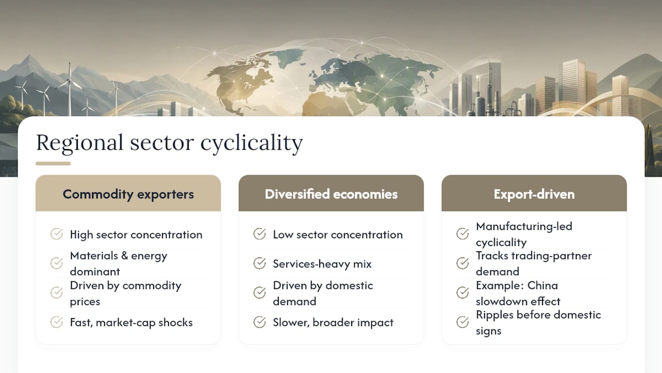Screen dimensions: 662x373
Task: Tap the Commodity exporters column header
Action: click(x=128, y=194)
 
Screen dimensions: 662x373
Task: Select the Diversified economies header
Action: click(x=331, y=194)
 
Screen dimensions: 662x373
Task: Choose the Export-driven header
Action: click(x=534, y=194)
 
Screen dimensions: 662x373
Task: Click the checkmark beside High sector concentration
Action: click(x=56, y=234)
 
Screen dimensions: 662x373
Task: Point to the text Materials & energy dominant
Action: click(x=118, y=264)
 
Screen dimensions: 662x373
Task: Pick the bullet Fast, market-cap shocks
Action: click(x=131, y=322)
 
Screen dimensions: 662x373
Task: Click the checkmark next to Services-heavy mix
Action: click(x=260, y=263)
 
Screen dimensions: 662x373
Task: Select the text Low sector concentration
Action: click(x=338, y=235)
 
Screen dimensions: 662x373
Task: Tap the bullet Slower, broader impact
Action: click(x=333, y=322)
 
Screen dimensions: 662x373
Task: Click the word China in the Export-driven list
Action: click(x=543, y=285)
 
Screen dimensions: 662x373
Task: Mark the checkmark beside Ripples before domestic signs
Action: click(x=462, y=322)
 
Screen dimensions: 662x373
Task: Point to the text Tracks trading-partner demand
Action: click(x=534, y=264)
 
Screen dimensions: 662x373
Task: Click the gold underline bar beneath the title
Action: click(x=53, y=163)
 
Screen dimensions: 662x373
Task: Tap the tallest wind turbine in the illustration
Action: click(x=70, y=89)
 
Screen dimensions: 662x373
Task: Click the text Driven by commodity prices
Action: click(x=126, y=293)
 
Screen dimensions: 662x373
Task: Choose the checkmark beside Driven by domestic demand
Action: click(x=260, y=293)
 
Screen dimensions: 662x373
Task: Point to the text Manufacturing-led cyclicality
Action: click(x=524, y=234)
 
